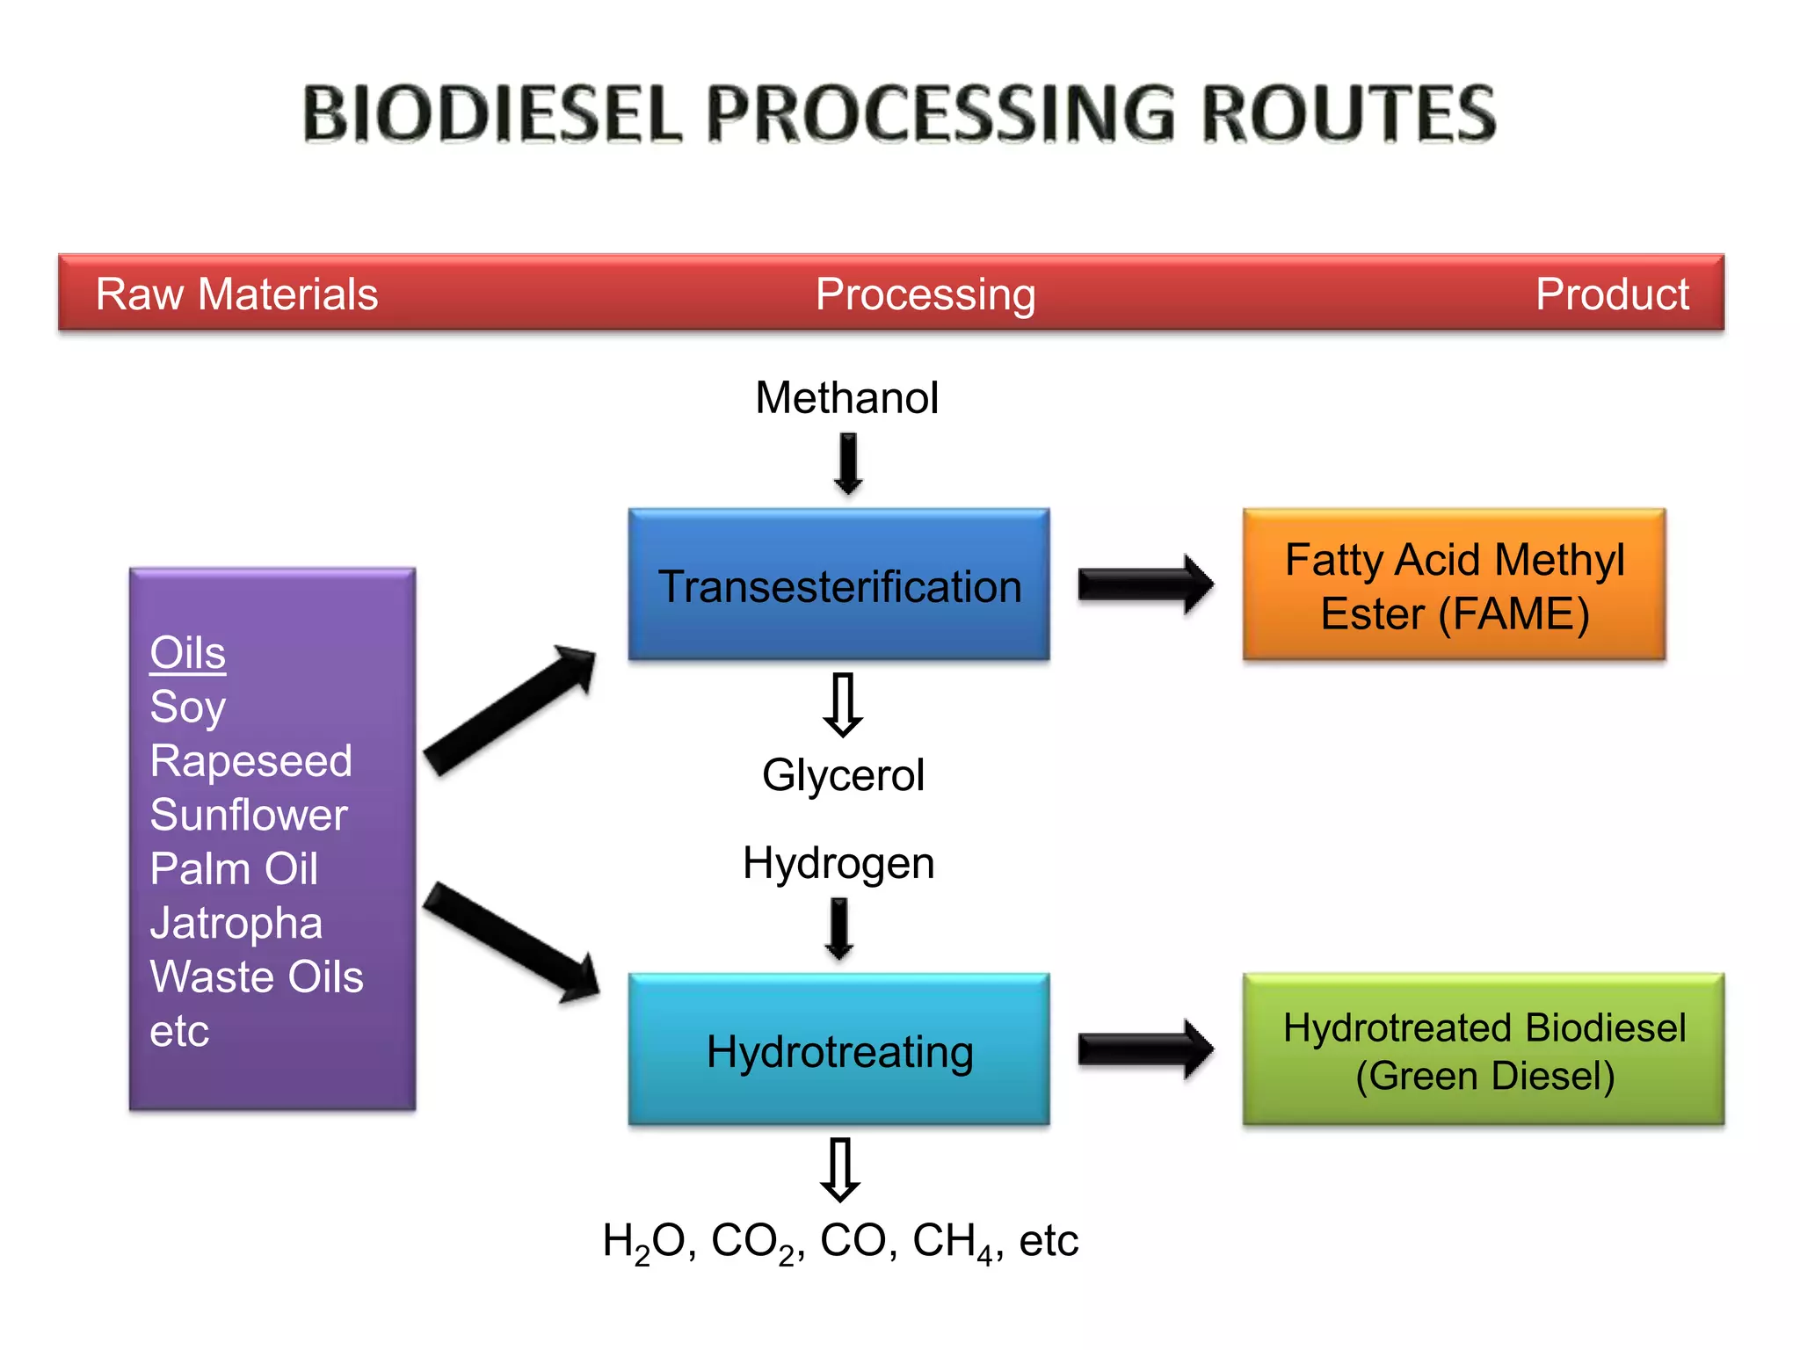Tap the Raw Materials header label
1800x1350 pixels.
236,294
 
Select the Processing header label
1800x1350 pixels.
925,294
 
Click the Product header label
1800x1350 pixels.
1611,294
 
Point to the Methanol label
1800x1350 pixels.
846,397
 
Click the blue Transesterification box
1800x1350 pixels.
838,584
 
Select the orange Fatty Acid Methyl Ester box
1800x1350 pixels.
1454,584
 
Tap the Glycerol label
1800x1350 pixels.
843,775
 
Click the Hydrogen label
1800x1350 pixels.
838,863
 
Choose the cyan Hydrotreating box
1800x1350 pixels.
838,1050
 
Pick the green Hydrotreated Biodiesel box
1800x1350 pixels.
1483,1050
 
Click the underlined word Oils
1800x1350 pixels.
187,653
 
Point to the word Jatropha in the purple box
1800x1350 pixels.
236,923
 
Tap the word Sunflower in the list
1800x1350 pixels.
249,815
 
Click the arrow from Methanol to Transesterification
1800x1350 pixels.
848,463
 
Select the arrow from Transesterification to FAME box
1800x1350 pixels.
1145,584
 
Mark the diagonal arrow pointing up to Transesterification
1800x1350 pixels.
510,710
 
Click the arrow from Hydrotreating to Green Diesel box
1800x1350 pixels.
1145,1049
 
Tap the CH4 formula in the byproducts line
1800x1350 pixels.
952,1242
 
